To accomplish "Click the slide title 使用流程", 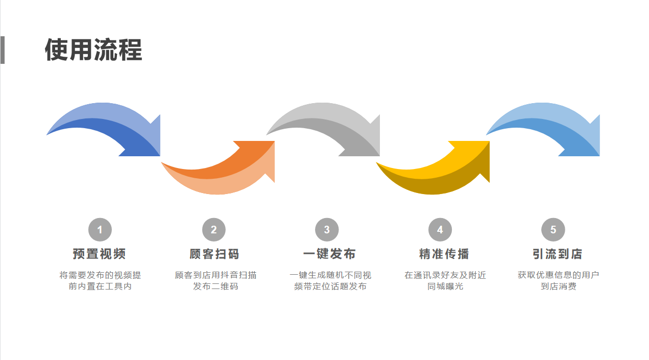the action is pos(93,50).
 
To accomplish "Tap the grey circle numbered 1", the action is pos(100,230).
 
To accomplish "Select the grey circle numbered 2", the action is pos(213,230).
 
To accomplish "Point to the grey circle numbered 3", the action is pos(327,230).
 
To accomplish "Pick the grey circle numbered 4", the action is pos(440,230).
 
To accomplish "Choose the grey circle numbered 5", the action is pos(553,230).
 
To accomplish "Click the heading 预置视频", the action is pos(100,254).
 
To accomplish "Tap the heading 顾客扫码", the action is pos(214,254).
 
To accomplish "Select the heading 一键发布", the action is pos(329,254).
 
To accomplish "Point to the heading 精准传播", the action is pos(444,254).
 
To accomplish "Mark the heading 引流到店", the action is pos(557,254).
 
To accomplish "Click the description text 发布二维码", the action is pos(215,286).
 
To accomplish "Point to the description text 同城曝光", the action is pos(445,286).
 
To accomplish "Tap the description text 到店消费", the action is pos(558,286).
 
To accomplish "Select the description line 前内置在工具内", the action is pos(100,286).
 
